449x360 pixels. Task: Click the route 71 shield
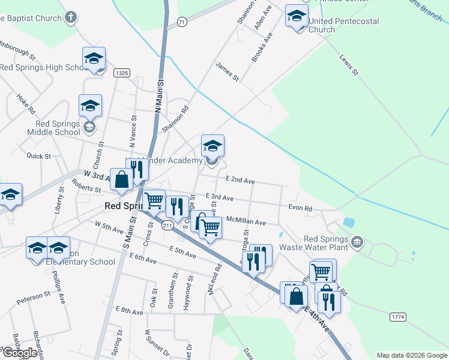182,22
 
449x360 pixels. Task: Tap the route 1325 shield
122,73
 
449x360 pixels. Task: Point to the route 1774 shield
397,316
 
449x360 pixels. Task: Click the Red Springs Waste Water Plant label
326,242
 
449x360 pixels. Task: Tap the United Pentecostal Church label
343,25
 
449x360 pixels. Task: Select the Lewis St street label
349,64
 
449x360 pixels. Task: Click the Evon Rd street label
300,208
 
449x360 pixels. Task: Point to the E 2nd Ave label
240,180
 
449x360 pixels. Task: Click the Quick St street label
38,155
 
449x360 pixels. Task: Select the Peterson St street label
34,296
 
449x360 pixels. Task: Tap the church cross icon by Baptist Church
71,17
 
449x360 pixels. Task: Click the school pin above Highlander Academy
212,146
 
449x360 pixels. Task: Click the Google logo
19,353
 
